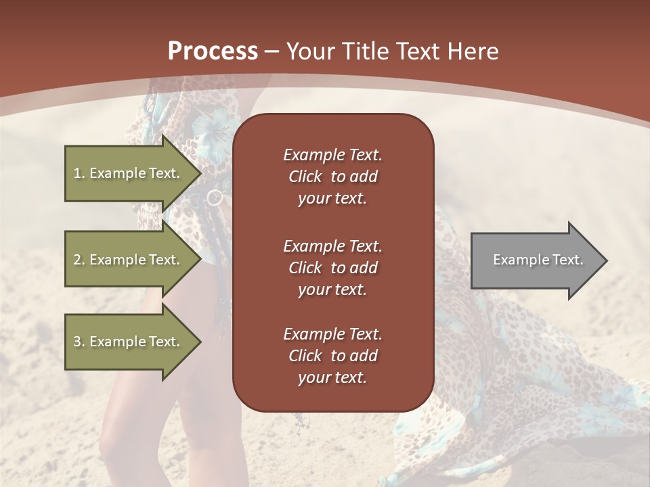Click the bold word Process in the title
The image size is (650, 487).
tap(213, 51)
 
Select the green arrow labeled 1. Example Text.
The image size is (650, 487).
tap(129, 173)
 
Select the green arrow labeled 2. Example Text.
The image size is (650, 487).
tap(129, 260)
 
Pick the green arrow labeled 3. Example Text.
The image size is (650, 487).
tap(129, 342)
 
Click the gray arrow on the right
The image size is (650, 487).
tap(535, 260)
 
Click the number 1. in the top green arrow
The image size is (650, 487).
tap(79, 173)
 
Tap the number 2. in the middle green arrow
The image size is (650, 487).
tap(79, 260)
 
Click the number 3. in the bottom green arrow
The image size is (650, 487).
tap(79, 342)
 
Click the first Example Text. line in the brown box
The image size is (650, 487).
tap(332, 155)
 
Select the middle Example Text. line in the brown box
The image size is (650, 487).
tap(332, 246)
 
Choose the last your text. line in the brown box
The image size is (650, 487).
tap(332, 377)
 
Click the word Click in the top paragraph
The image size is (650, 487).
tap(305, 177)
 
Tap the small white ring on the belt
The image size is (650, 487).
tap(215, 198)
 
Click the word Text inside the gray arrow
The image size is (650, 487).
tap(567, 260)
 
